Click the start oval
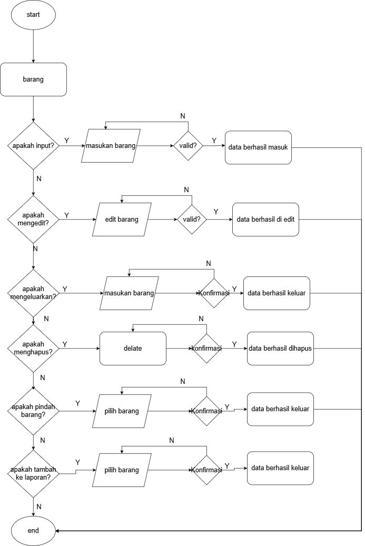pos(33,15)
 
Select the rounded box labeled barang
pos(33,80)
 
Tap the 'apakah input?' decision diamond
pos(33,145)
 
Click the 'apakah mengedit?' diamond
pos(33,220)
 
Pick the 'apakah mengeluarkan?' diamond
pos(33,293)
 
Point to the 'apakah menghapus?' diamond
pos(33,348)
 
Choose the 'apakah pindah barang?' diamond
pos(33,411)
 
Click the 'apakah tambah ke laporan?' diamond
pos(33,473)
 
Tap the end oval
pos(33,531)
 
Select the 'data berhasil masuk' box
pos(258,147)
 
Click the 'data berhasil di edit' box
pos(265,220)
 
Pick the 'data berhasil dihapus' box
pos(280,348)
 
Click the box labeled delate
pos(133,348)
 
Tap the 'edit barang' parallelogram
pos(122,220)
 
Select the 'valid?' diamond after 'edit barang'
pos(192,220)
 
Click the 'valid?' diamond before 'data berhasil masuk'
pos(188,145)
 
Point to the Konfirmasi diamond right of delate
pos(206,348)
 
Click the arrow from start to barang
pos(33,46)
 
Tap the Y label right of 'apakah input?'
pos(66,141)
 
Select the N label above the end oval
pos(38,507)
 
